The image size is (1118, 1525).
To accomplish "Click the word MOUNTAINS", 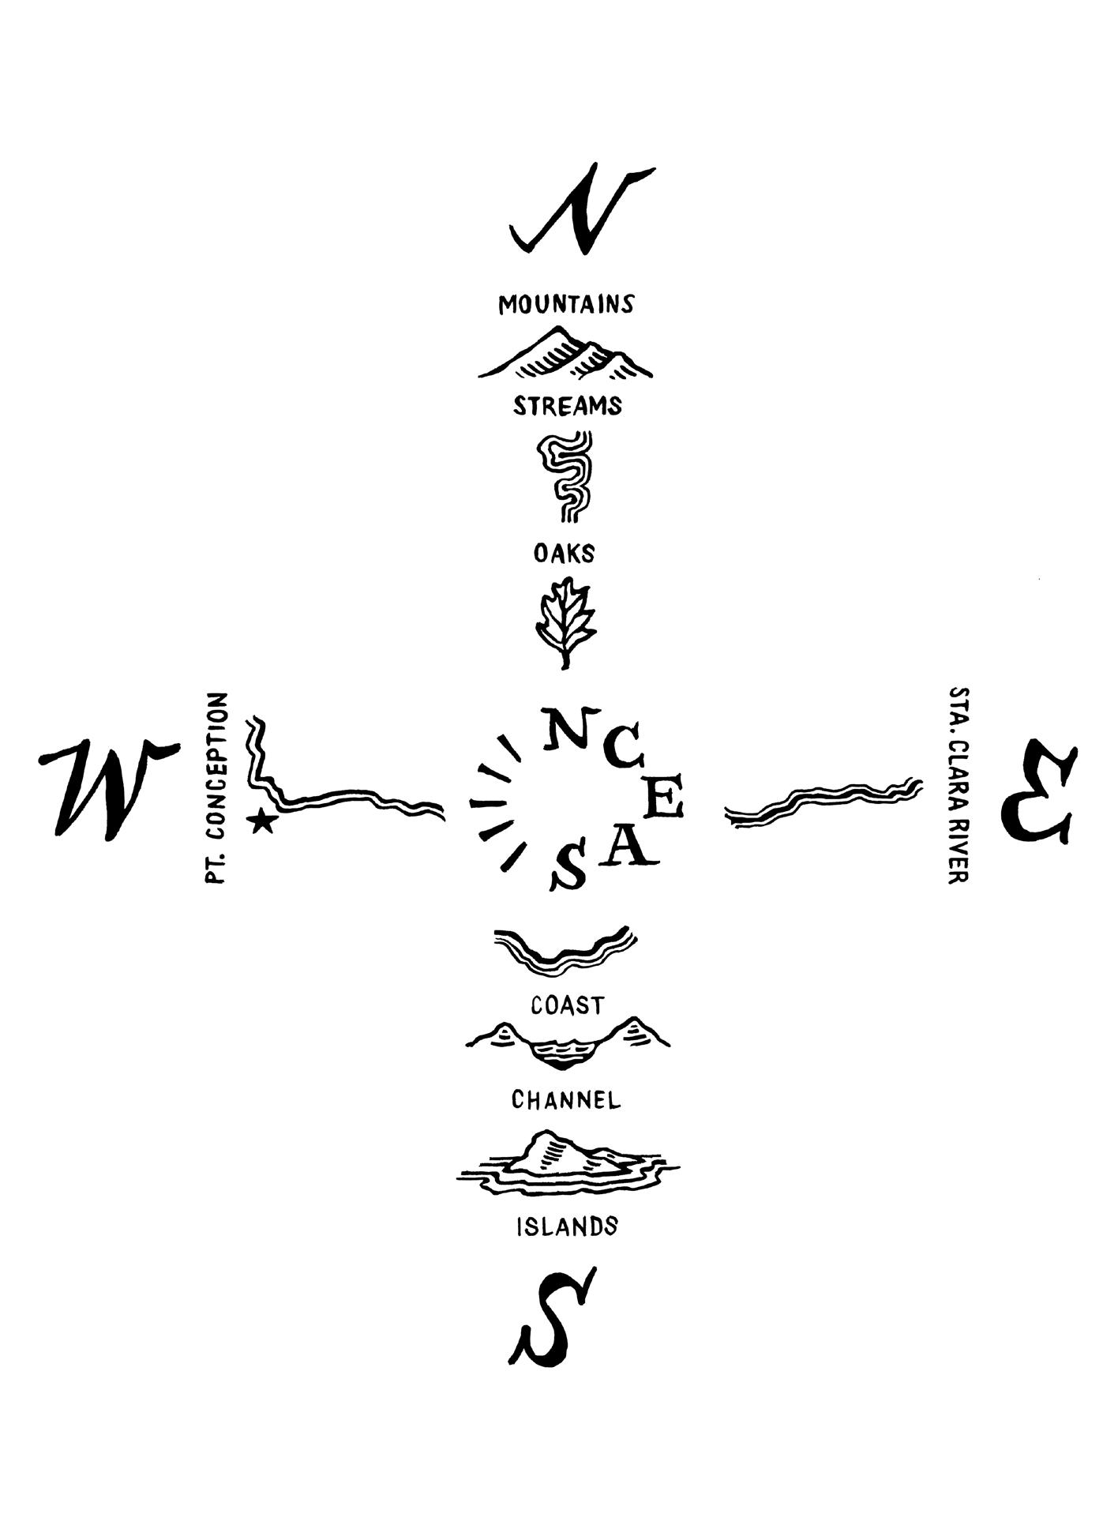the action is click(x=565, y=304).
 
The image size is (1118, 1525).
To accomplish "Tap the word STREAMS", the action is click(x=567, y=406).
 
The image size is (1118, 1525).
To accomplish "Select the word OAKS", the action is click(x=564, y=553).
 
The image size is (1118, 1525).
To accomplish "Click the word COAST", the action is click(x=567, y=1005).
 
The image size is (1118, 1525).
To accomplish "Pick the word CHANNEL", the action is click(x=565, y=1099).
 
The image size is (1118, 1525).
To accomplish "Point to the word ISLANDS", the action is click(x=567, y=1226).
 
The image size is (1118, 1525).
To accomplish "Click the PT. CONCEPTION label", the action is click(x=216, y=788).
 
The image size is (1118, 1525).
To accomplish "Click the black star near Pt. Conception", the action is click(x=261, y=822).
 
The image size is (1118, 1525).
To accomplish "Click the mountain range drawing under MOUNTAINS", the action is click(x=565, y=355).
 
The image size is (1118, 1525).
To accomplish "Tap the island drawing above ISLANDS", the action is click(x=565, y=1166).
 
